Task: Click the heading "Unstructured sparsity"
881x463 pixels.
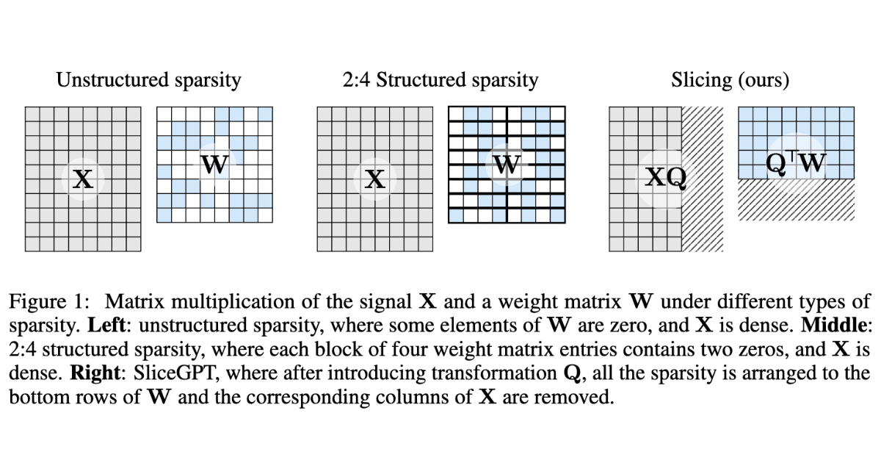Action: pyautogui.click(x=149, y=80)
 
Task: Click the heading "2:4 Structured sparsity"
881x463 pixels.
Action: pyautogui.click(x=440, y=80)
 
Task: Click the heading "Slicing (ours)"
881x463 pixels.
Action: pyautogui.click(x=730, y=80)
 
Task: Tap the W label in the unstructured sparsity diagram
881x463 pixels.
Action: pyautogui.click(x=214, y=165)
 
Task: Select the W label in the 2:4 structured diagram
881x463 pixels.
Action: pyautogui.click(x=507, y=165)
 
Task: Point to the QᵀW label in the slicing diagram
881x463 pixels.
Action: pyautogui.click(x=797, y=164)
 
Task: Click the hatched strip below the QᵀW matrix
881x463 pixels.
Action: pyautogui.click(x=797, y=200)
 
